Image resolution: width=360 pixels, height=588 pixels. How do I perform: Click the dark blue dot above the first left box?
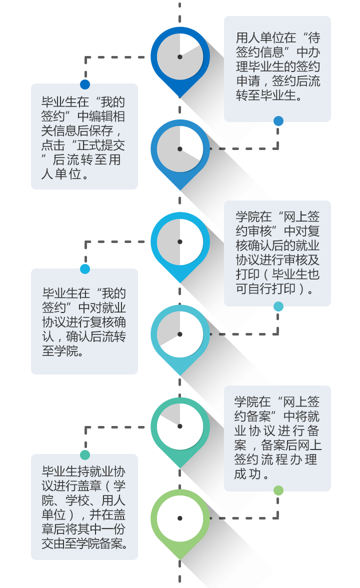(x=85, y=84)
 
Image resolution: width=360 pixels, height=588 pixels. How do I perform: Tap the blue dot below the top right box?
(x=278, y=121)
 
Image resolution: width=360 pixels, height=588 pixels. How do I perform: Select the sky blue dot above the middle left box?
(x=85, y=269)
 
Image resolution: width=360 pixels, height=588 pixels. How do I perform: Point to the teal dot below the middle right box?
(x=278, y=306)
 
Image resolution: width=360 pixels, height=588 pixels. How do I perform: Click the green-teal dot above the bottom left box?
(x=85, y=454)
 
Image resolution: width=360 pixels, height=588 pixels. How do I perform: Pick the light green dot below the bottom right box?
(x=278, y=490)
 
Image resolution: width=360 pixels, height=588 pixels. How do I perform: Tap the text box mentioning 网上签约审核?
(x=277, y=253)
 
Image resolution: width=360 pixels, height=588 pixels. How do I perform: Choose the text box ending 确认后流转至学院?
(x=84, y=322)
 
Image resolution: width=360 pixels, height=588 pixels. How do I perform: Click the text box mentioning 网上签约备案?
(x=277, y=437)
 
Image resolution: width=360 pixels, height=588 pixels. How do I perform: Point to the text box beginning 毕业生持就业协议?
(x=84, y=507)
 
